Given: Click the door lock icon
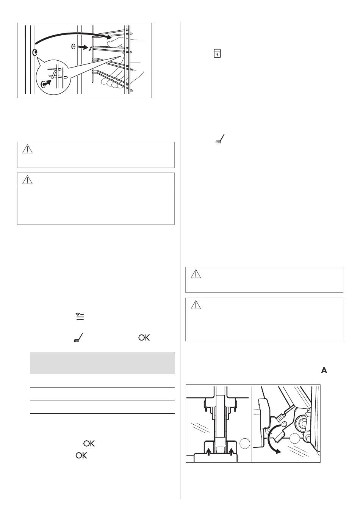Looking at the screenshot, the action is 217,53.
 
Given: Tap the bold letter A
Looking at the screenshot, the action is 324,370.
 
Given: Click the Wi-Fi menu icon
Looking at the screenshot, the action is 80,317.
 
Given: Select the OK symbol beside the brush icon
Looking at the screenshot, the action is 144,338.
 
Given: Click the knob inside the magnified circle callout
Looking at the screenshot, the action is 43,85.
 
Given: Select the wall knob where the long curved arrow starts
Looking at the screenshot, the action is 35,53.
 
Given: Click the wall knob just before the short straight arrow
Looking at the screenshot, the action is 73,47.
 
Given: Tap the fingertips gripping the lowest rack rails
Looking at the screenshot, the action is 111,83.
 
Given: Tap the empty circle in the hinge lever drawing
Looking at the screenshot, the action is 295,439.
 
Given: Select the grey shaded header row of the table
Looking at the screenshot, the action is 102,363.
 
